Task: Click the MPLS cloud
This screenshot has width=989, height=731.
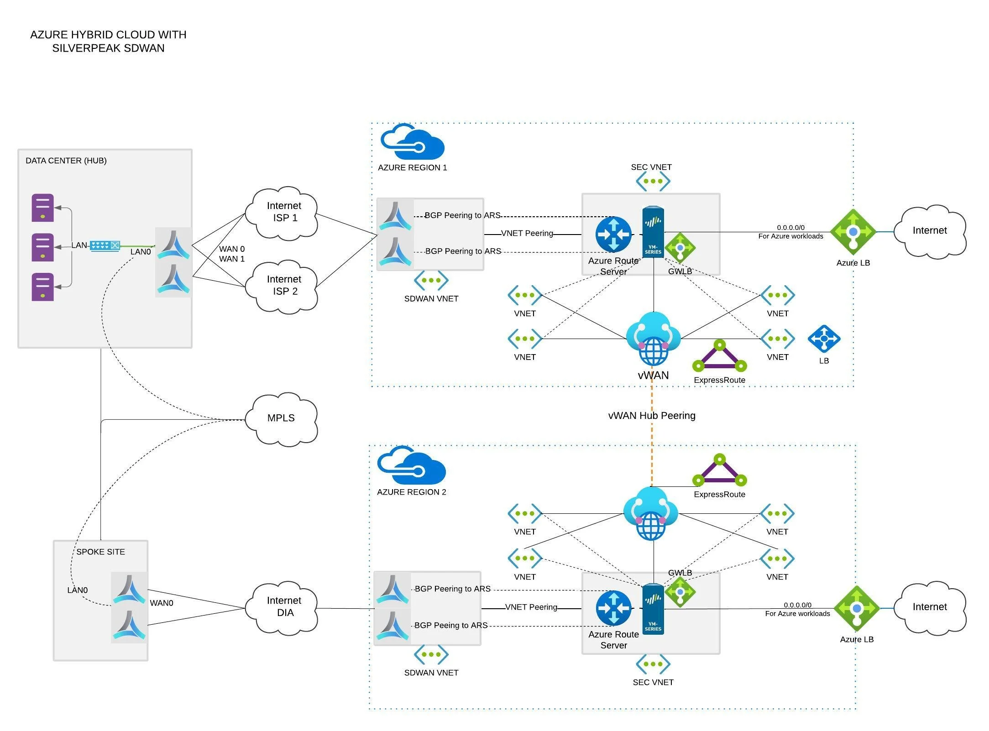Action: (x=281, y=418)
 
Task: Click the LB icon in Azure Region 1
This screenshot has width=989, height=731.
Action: (x=824, y=339)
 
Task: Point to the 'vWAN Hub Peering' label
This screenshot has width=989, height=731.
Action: (x=652, y=416)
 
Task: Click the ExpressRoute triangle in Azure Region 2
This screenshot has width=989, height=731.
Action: (x=720, y=471)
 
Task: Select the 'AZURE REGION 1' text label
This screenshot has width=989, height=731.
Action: (x=412, y=167)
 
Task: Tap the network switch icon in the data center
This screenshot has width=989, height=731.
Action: (x=105, y=246)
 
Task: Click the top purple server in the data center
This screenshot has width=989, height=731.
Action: (x=42, y=208)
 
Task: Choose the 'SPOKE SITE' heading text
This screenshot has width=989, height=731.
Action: (x=100, y=552)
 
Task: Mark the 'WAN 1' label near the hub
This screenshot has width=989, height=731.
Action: (x=232, y=259)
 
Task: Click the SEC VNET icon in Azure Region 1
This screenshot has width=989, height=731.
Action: (x=653, y=181)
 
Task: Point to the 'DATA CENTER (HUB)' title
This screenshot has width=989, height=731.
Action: (x=66, y=161)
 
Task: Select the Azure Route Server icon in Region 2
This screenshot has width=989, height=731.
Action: (x=613, y=608)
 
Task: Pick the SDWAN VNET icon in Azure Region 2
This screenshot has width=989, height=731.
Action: (x=431, y=654)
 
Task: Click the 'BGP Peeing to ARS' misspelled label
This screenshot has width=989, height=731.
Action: (x=451, y=626)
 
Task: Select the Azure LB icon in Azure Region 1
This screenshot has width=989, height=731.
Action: (x=853, y=232)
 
